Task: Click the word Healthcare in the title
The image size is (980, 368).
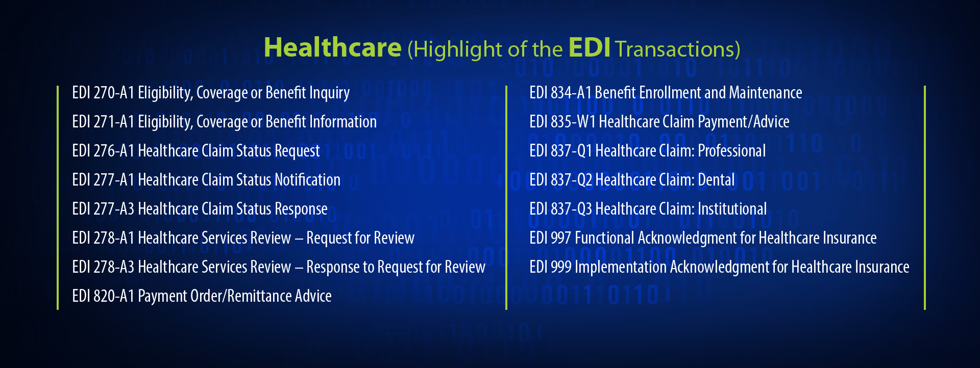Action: [x=332, y=47]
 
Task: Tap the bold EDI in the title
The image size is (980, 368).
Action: [x=590, y=47]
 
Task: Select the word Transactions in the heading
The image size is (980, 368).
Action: [x=678, y=49]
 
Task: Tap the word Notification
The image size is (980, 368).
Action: [x=307, y=180]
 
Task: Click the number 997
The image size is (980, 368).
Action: [x=561, y=238]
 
